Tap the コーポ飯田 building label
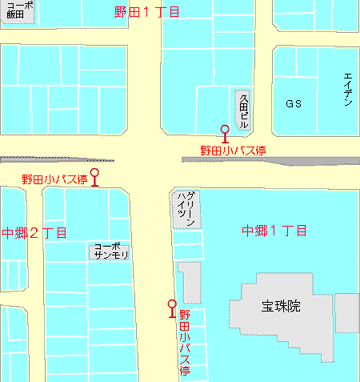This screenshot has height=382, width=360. (x=17, y=13)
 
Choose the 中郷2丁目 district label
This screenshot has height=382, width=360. (x=34, y=233)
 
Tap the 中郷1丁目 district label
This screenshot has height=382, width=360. (x=274, y=231)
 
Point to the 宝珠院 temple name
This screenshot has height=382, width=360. (x=280, y=305)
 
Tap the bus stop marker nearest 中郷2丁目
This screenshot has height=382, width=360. (x=95, y=175)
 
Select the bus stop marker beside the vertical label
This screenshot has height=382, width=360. (x=171, y=307)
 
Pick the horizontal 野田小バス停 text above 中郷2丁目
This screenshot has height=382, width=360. (x=54, y=179)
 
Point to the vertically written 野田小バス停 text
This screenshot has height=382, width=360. (x=185, y=344)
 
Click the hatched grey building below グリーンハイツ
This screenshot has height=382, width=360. (x=190, y=283)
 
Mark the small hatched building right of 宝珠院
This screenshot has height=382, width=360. (x=346, y=312)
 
